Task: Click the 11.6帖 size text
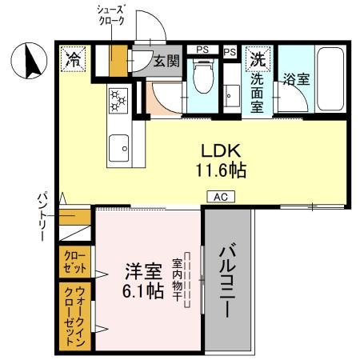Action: tap(218, 170)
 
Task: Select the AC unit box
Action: tap(221, 196)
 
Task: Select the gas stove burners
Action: tap(118, 101)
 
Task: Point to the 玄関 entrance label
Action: tap(166, 61)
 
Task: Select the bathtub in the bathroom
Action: tap(329, 80)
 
